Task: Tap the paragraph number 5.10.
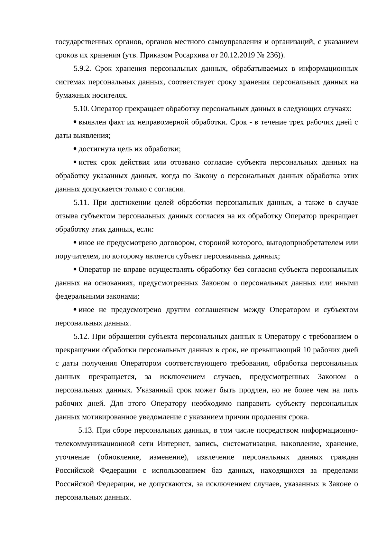81,109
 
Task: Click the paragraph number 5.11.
81,203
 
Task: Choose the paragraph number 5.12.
81,337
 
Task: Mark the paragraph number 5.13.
86,430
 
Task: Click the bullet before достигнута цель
75,149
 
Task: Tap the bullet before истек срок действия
75,162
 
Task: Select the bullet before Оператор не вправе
75,269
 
